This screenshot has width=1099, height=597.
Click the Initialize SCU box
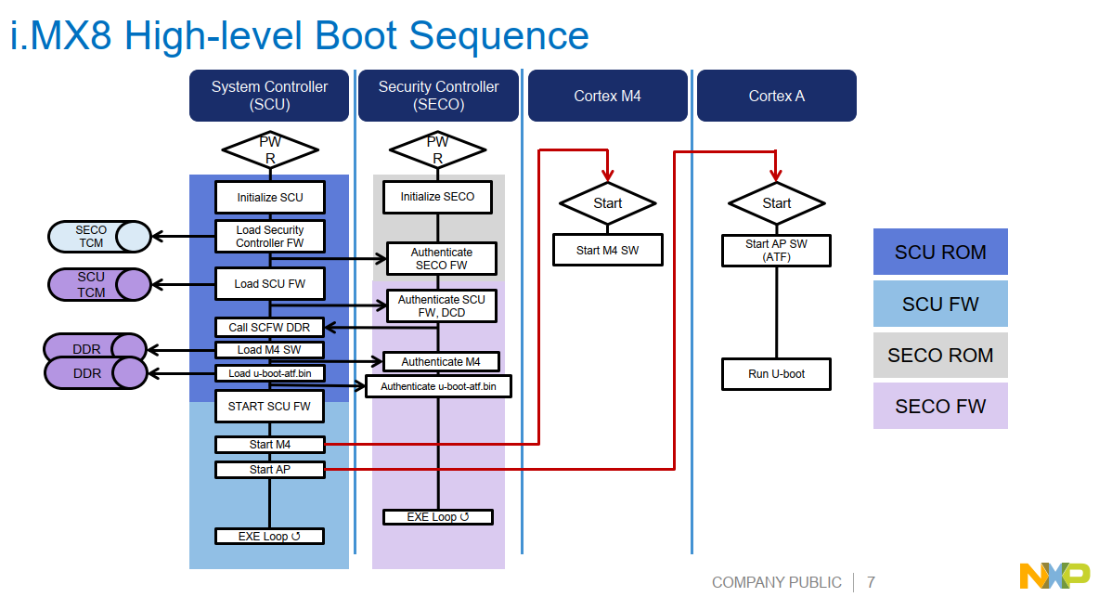[x=269, y=198]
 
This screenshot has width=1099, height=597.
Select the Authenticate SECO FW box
[x=441, y=259]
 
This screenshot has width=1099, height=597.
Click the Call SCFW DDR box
[x=269, y=327]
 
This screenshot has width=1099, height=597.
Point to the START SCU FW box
[x=269, y=407]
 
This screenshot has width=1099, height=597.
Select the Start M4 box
[x=269, y=445]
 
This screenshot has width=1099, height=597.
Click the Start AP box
[x=269, y=470]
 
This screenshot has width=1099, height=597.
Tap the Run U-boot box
[x=776, y=374]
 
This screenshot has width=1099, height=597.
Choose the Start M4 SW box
[x=607, y=250]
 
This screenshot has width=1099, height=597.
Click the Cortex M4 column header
[x=607, y=96]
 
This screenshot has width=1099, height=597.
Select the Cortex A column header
[x=776, y=96]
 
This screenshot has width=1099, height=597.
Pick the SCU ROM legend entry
[x=940, y=253]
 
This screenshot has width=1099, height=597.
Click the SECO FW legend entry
[x=940, y=406]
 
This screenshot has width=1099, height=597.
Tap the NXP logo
[x=1055, y=576]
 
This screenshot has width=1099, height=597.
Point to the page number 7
[x=871, y=583]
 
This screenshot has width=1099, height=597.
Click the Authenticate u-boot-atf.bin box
[x=439, y=386]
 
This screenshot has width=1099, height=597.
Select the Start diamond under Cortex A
[x=776, y=203]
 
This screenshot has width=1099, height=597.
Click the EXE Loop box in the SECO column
[x=438, y=517]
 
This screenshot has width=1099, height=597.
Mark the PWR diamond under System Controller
[x=269, y=149]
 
